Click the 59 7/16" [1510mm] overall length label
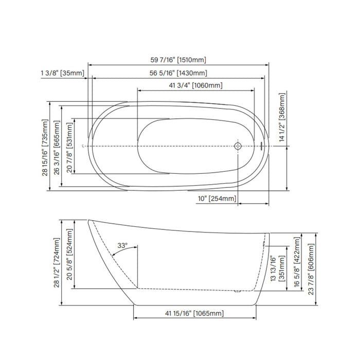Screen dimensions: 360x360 pos(178,60)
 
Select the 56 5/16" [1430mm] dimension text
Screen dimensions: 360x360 pos(178,73)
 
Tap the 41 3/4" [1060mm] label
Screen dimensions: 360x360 pos(195,86)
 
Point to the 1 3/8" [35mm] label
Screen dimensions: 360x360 pos(63,73)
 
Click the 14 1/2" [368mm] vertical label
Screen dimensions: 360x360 pos(282,117)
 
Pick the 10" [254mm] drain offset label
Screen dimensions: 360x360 pos(217,199)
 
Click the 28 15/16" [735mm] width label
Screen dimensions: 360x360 pos(45,148)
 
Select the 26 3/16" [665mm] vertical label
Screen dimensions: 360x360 pos(57,148)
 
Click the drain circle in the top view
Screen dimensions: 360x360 pos(238,146)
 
